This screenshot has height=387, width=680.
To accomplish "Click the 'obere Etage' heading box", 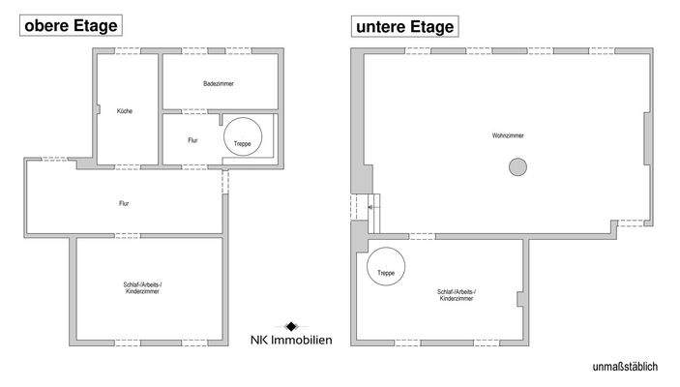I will [x=72, y=26].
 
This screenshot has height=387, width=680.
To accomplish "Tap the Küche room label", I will [x=124, y=111].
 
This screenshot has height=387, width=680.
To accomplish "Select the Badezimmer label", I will [x=219, y=84].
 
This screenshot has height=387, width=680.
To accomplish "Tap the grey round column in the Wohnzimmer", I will [x=517, y=167].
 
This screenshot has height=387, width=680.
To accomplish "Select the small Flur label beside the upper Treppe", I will [x=192, y=140].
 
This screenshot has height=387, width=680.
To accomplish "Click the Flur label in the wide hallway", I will [x=124, y=203].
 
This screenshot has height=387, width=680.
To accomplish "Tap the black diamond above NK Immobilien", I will [x=291, y=326].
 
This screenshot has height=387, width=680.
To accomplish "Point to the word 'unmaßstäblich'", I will [x=625, y=367].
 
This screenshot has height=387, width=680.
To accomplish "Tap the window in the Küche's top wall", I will [x=127, y=50].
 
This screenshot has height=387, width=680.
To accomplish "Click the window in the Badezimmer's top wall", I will [x=220, y=50].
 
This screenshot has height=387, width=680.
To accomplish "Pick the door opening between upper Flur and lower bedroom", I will [x=127, y=236].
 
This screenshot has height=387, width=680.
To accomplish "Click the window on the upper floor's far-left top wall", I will [x=45, y=159].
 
